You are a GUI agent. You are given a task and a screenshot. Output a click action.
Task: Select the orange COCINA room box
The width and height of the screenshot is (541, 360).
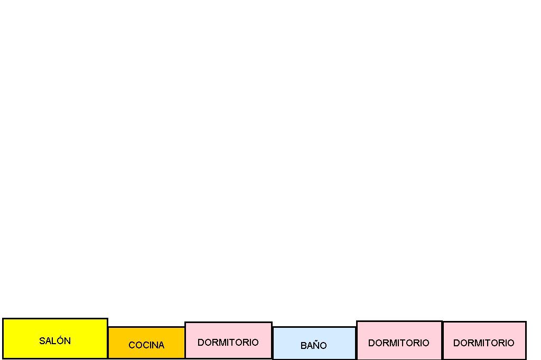[x=146, y=336]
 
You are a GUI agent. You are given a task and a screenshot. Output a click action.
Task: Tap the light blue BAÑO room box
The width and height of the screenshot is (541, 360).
[x=314, y=336]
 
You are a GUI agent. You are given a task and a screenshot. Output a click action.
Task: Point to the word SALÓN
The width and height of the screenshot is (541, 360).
[x=55, y=341]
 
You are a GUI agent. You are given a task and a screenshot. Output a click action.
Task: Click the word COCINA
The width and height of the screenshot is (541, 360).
[x=146, y=345]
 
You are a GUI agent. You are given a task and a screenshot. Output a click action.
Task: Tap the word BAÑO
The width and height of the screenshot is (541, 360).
[x=314, y=346]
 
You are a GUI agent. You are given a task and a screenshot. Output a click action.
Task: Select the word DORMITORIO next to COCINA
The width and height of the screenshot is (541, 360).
[x=228, y=343]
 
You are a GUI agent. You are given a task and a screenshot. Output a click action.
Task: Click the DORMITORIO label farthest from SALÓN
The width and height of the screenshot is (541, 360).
[x=484, y=343]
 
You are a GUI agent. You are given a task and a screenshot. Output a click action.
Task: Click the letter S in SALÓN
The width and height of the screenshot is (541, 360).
[x=42, y=341]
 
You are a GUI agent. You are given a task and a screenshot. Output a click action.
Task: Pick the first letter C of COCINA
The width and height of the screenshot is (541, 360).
[x=132, y=345]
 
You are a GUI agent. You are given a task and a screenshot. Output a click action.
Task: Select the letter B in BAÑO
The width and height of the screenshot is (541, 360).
[x=303, y=346]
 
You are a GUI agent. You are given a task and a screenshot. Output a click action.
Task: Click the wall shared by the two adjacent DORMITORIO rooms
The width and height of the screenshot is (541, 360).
[x=442, y=340]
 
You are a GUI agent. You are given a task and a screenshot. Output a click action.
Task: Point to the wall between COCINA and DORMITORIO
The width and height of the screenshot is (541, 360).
[x=185, y=342]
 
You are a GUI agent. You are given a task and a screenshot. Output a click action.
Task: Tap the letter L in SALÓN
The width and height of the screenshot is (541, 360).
[x=53, y=341]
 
